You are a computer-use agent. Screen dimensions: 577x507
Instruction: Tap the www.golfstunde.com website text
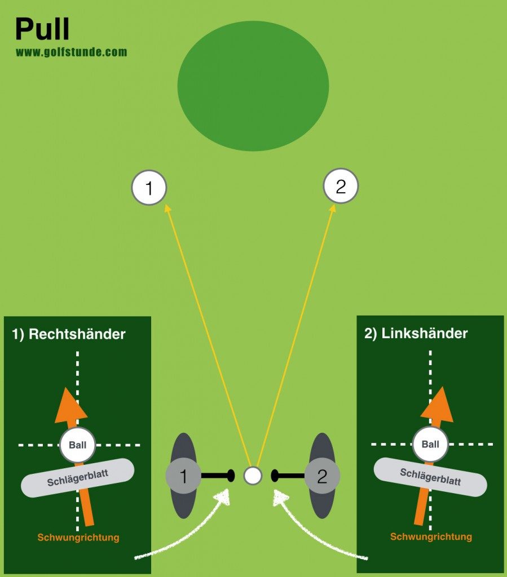[x=71, y=52]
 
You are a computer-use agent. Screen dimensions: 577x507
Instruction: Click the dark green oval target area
[x=253, y=85]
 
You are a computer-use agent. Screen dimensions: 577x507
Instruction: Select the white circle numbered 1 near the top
[x=149, y=188]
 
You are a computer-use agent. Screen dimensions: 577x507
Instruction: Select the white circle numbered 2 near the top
[x=341, y=187]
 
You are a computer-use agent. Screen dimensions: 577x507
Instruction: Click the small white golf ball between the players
[x=253, y=476]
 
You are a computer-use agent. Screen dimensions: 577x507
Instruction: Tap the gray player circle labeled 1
[x=183, y=476]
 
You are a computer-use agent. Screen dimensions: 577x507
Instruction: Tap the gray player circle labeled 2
[x=322, y=476]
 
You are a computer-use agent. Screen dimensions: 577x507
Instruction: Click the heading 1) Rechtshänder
[x=69, y=334]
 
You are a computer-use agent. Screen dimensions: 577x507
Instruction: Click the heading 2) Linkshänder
[x=416, y=333]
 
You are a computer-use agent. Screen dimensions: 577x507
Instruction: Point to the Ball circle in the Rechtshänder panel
[x=77, y=445]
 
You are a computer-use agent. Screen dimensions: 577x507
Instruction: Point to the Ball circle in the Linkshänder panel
[x=430, y=444]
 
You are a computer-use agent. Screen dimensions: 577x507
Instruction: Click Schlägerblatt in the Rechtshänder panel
[x=78, y=477]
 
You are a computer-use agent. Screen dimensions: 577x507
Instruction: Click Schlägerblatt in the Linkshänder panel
[x=430, y=477]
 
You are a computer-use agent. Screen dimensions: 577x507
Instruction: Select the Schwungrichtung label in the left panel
[x=78, y=537]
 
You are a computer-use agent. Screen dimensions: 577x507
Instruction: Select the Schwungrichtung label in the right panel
[x=431, y=536]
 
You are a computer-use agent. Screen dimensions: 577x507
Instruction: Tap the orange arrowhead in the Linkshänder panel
[x=438, y=405]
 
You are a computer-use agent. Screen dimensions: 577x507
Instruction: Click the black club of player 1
[x=217, y=476]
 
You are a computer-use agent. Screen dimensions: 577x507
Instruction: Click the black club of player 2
[x=288, y=476]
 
